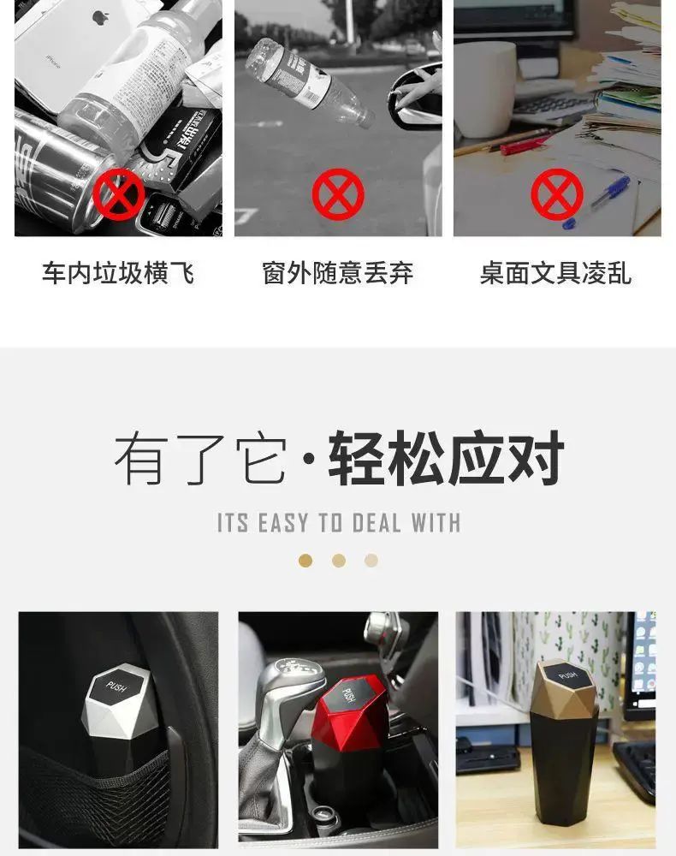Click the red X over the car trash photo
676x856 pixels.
[119, 193]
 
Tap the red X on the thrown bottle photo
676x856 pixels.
[338, 193]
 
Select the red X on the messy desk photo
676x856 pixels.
[557, 193]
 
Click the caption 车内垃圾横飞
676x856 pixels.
[118, 273]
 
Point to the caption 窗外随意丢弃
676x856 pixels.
[338, 273]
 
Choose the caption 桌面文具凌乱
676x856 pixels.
[556, 273]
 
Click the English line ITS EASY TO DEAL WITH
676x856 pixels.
[338, 522]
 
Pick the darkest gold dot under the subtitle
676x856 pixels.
[305, 561]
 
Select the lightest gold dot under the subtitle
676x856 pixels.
[371, 561]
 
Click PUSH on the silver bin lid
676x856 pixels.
[116, 687]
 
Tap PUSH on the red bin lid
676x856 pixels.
[348, 695]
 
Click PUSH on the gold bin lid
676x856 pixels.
[567, 675]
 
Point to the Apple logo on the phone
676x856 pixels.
[101, 16]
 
